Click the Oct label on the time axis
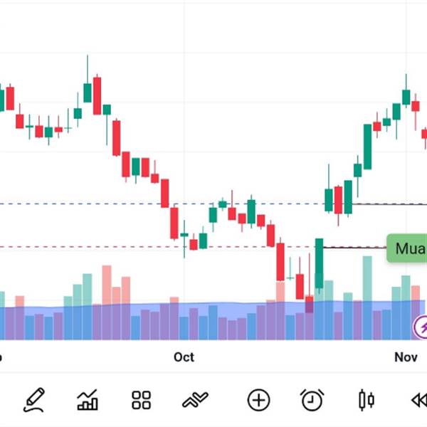coord(184,357)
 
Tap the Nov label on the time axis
coord(406,357)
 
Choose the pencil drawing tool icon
coord(33,400)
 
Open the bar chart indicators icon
coord(88,400)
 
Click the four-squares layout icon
coord(142,400)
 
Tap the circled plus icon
coord(258,400)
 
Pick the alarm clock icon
coord(312,400)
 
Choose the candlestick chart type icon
coord(367,400)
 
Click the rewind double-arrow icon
coord(418,400)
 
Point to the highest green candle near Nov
coord(406,96)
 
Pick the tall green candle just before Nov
coord(367,146)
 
